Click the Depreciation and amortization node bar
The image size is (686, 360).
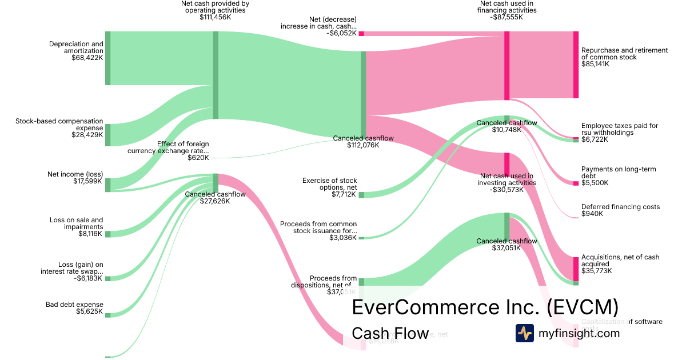click(107, 58)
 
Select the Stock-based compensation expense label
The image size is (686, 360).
click(59, 125)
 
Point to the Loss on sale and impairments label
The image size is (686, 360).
click(76, 223)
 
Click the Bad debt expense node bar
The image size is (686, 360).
click(107, 315)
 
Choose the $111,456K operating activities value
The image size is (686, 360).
click(215, 17)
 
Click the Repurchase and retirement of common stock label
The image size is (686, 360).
click(624, 54)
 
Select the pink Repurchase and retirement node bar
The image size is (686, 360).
click(576, 65)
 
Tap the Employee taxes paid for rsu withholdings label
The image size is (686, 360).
click(620, 129)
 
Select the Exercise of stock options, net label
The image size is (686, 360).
click(329, 184)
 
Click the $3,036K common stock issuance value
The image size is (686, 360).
click(343, 238)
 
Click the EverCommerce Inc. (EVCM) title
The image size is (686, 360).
click(485, 307)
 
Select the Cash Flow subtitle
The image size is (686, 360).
click(390, 333)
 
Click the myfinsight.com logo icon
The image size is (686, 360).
click(525, 333)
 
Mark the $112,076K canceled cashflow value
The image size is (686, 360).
click(363, 145)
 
